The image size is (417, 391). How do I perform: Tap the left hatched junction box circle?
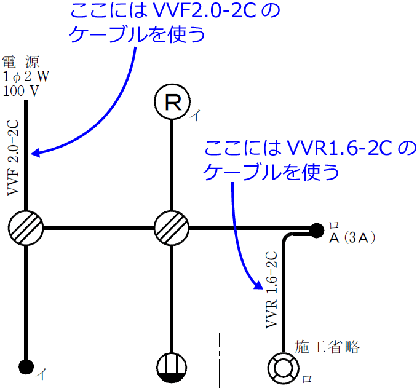(x=26, y=228)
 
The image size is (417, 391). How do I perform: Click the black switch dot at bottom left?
(x=26, y=367)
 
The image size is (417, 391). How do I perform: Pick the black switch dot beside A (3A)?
(x=316, y=230)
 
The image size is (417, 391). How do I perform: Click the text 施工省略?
(x=327, y=346)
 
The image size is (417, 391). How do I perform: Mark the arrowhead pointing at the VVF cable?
(x=36, y=152)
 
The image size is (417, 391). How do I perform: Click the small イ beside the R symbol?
(x=194, y=115)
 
